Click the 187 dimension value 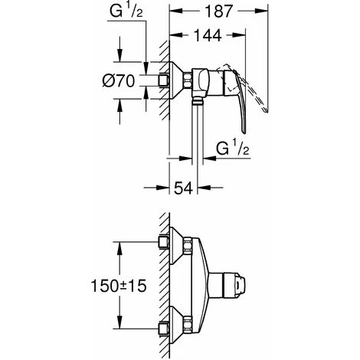[219, 11]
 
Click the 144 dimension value [208, 35]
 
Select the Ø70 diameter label [119, 81]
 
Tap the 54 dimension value [183, 188]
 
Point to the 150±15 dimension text [119, 286]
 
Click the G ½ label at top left [126, 11]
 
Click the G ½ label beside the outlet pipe [233, 149]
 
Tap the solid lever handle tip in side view [244, 131]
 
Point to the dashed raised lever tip [266, 110]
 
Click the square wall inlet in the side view [164, 80]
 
